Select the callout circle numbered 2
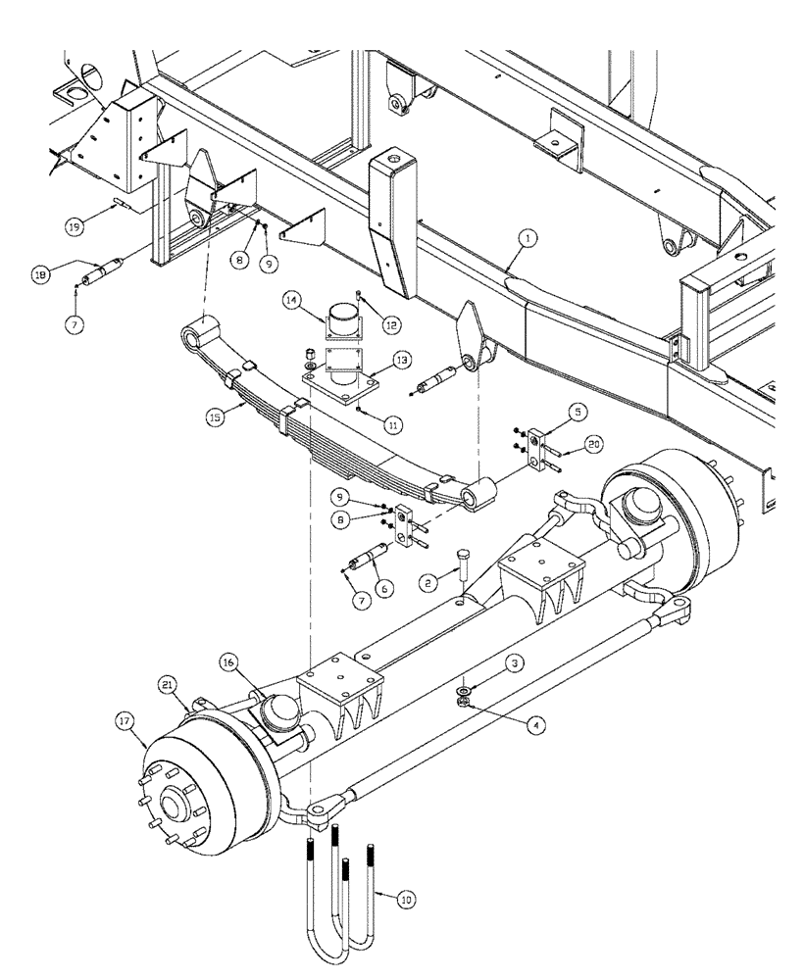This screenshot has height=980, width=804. click(x=427, y=582)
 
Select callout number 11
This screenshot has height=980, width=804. click(x=393, y=424)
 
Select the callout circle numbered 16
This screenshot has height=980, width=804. click(x=228, y=663)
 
